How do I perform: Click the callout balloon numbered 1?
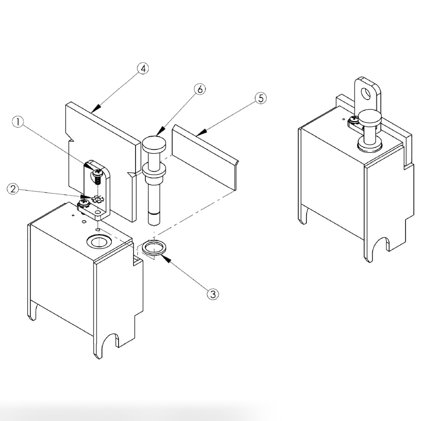coord(18,122)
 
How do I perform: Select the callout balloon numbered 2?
coord(13,189)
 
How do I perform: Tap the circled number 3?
coord(213,294)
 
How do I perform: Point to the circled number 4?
coord(143,69)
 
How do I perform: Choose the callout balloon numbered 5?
coord(261,98)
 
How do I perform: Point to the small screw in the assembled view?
coord(354,120)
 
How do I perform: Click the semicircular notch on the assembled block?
coord(379,244)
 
